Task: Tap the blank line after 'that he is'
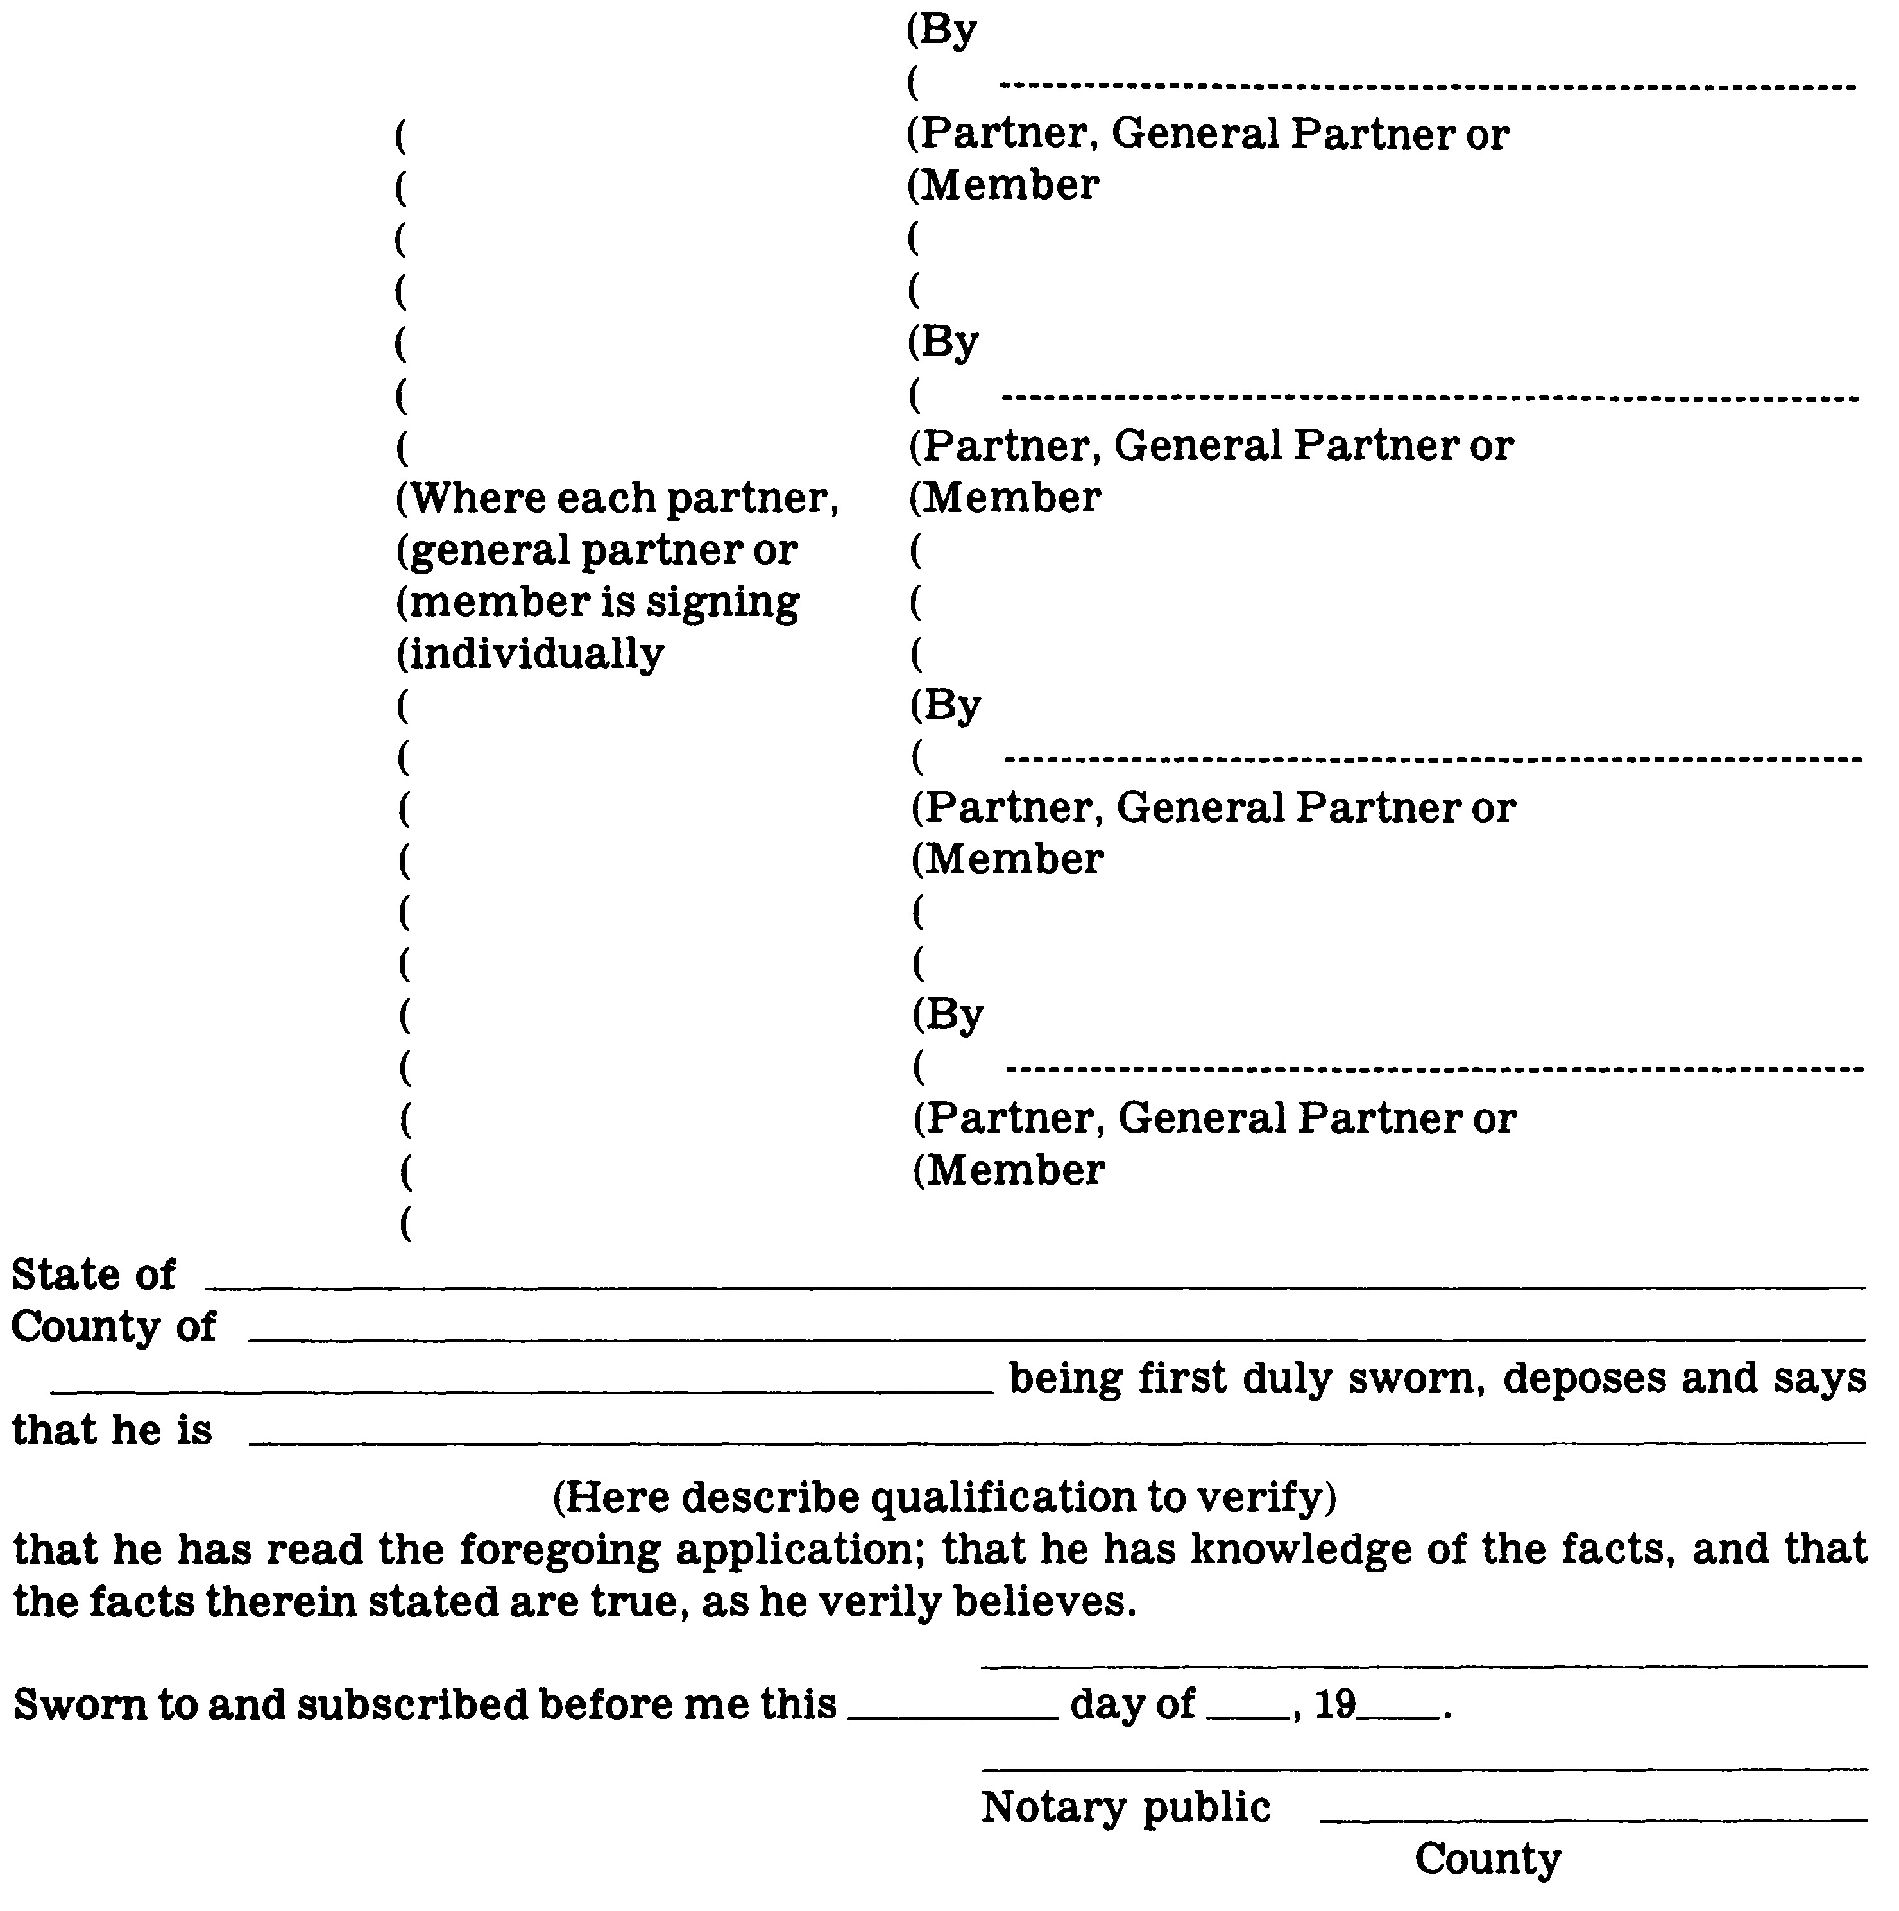point(1055,1441)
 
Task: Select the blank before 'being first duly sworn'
point(521,1390)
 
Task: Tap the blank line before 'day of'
point(953,1716)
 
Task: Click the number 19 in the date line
point(1334,1703)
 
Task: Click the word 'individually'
point(536,654)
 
